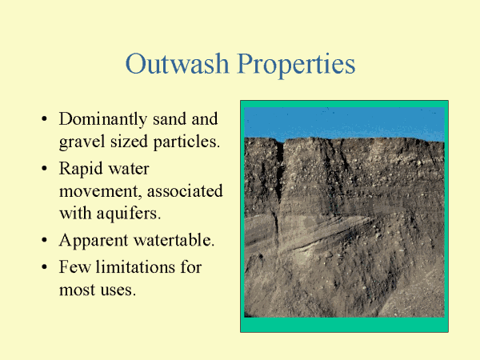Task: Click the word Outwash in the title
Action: (178, 63)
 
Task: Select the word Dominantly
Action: (103, 120)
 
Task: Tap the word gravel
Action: (82, 142)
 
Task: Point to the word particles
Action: (186, 142)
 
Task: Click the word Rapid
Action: (81, 170)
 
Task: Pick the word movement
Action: (101, 192)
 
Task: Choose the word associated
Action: (185, 191)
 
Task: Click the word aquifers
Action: (129, 214)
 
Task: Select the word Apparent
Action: (94, 241)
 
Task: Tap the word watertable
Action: (174, 240)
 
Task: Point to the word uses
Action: (118, 290)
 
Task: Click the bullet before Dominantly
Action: (44, 118)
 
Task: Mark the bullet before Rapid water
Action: (44, 168)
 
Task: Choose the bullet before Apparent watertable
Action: (44, 240)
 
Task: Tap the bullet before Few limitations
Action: (44, 266)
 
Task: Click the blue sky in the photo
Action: (344, 122)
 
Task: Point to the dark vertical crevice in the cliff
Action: (279, 171)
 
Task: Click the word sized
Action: (129, 142)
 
